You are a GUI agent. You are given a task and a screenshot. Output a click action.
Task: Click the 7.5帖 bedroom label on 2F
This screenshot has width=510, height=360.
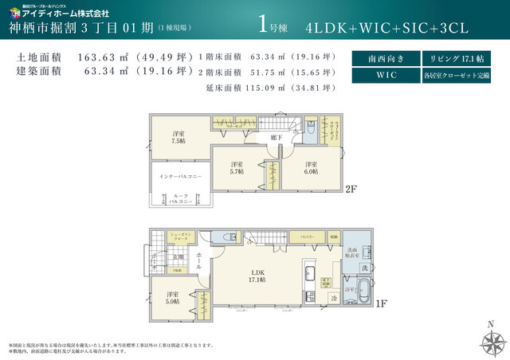(179, 136)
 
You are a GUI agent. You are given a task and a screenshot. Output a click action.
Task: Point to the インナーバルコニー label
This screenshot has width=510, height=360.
(179, 175)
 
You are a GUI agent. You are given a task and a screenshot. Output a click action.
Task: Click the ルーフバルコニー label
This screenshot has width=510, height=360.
(179, 200)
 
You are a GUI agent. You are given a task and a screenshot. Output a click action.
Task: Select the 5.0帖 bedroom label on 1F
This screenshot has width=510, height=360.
(172, 298)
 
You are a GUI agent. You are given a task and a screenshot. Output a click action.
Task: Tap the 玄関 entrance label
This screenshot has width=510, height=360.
(178, 257)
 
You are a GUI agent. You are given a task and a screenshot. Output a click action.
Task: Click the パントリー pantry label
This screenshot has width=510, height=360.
(306, 237)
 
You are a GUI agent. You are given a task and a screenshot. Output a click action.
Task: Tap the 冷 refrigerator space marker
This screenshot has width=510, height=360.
(333, 299)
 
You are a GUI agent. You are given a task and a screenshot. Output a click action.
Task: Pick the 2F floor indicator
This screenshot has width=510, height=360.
(350, 190)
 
